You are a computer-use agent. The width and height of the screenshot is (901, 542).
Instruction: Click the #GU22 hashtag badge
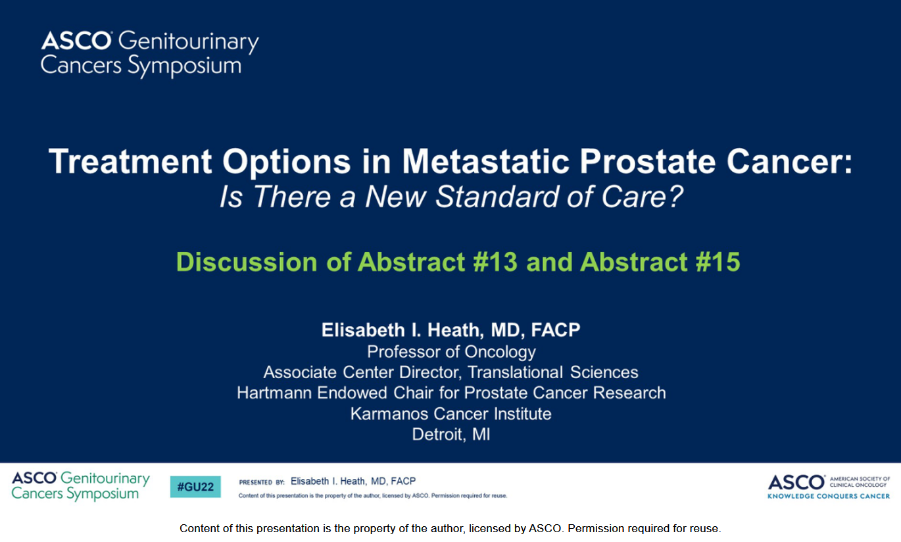195,487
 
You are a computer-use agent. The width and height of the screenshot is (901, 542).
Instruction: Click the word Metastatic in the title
485,161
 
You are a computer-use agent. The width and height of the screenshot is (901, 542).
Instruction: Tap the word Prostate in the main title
648,161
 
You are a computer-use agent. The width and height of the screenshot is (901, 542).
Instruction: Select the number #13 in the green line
495,262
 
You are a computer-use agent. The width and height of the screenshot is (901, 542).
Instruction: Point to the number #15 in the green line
718,262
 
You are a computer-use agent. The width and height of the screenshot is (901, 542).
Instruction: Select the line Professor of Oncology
451,352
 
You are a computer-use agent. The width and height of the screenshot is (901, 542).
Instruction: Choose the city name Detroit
437,435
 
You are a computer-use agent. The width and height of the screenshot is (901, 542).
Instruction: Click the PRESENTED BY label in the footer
262,482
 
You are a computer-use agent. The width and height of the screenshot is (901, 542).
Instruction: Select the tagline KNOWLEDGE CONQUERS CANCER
829,496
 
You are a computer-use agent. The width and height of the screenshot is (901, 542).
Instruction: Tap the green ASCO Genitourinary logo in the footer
80,486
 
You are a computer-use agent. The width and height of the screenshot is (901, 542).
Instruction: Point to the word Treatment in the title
130,161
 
